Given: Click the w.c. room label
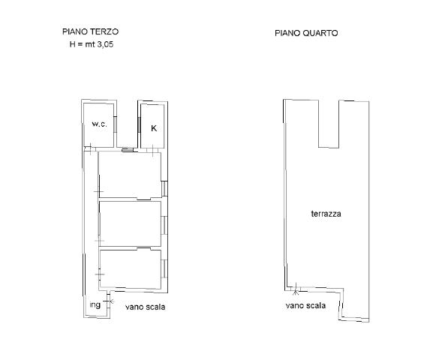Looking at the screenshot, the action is pos(99,124).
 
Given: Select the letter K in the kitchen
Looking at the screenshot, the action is pos(154,128).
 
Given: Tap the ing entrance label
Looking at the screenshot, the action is pos(95,305).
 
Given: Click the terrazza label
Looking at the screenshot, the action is pos(326,214).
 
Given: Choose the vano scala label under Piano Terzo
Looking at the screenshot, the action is pos(146,307).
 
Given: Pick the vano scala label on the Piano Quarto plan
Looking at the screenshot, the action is pos(305,305).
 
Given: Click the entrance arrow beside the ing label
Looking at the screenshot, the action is pos(111,301).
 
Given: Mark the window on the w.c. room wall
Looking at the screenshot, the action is pos(115,124).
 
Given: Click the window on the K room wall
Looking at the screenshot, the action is pos(139,124).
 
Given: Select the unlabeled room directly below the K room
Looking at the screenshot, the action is pos(130,175).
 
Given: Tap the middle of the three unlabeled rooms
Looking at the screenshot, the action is pos(130,223).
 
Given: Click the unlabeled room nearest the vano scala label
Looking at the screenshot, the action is pos(130,269).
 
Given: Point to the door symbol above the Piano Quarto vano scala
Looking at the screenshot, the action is pos(296,289).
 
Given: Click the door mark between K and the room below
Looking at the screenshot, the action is pos(152,151).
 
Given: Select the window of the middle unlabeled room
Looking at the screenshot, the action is pos(164,225).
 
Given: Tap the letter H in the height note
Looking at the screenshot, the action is pos(72,44).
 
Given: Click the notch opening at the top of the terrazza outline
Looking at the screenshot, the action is pos(329,124).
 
